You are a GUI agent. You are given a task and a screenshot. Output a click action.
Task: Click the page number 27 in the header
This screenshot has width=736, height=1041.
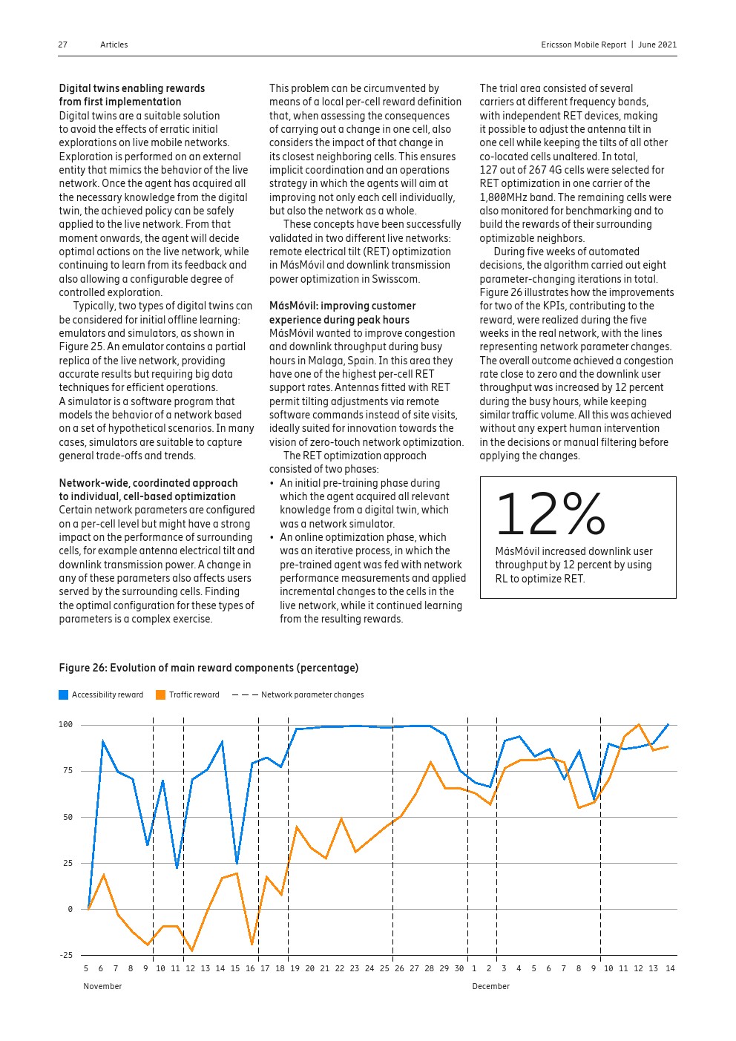(62, 45)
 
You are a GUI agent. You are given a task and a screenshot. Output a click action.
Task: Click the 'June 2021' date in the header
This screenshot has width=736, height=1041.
(657, 45)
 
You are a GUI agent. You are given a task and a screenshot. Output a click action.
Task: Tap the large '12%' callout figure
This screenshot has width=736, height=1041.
(550, 514)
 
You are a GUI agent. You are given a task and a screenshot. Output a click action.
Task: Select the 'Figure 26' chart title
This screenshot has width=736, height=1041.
(208, 668)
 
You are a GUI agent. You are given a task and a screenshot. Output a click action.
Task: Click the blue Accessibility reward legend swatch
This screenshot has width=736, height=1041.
(63, 694)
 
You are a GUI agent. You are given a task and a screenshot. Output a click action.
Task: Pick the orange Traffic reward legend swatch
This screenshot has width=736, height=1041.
(160, 694)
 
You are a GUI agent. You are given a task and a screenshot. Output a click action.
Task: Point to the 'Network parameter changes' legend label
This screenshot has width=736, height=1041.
(312, 694)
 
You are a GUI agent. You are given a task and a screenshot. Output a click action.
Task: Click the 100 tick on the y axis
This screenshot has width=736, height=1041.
(66, 724)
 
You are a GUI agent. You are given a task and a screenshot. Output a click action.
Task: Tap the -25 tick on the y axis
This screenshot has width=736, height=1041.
(66, 955)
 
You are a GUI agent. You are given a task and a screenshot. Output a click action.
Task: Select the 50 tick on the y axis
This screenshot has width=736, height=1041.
(68, 817)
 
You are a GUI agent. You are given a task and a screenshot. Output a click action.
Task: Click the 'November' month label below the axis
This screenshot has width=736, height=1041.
(102, 986)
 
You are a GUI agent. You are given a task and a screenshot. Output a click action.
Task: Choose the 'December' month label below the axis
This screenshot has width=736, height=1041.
(490, 986)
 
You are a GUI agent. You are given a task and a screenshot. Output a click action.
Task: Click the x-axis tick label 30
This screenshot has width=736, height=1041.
(459, 968)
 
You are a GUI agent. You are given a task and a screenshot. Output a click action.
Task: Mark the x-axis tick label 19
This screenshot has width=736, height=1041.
(295, 968)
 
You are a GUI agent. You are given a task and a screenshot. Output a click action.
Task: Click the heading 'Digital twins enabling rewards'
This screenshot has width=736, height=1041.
(132, 88)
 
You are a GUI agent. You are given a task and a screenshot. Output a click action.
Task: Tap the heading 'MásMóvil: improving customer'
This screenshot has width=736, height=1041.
(342, 306)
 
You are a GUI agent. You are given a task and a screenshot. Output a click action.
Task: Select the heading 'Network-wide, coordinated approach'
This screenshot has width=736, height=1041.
(148, 483)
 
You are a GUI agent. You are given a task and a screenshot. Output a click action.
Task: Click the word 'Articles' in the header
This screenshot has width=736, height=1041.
(114, 45)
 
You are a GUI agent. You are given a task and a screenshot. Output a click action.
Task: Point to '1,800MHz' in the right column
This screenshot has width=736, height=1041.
(502, 197)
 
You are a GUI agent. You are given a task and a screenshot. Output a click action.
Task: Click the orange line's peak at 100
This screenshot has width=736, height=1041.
(638, 725)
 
